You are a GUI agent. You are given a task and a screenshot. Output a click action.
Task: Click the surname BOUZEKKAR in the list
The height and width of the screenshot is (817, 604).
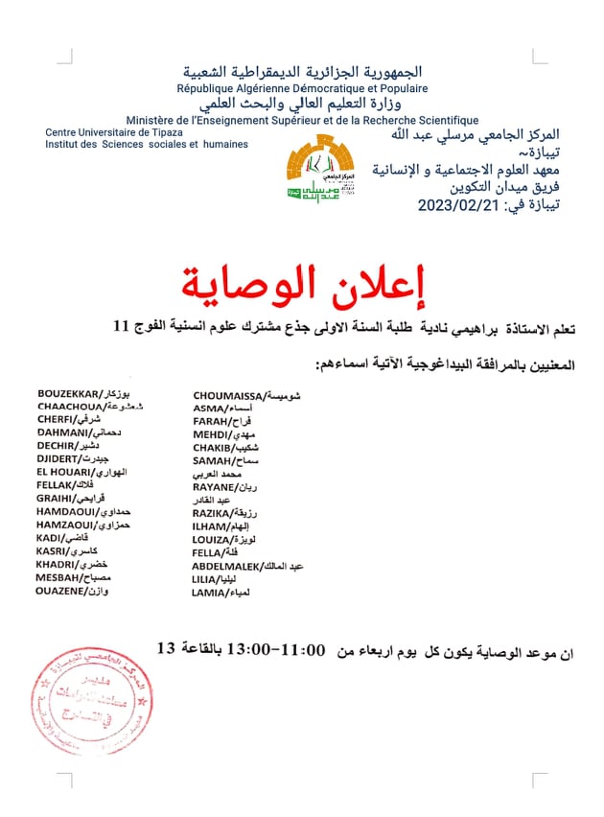69,394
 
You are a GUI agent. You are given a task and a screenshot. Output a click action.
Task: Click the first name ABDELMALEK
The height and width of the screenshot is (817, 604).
230,567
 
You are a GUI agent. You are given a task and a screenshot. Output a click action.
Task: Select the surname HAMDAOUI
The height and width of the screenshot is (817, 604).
66,512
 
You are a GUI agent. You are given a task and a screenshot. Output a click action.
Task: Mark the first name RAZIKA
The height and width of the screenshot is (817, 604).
211,514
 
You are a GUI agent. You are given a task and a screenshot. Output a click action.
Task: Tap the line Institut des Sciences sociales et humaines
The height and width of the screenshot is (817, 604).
147,144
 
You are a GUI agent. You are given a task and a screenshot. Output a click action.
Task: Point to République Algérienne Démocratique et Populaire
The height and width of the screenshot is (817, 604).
302,88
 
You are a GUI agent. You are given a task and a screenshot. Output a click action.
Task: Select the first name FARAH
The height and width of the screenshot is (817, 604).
208,421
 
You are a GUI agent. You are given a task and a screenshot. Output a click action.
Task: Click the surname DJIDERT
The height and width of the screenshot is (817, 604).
58,459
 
